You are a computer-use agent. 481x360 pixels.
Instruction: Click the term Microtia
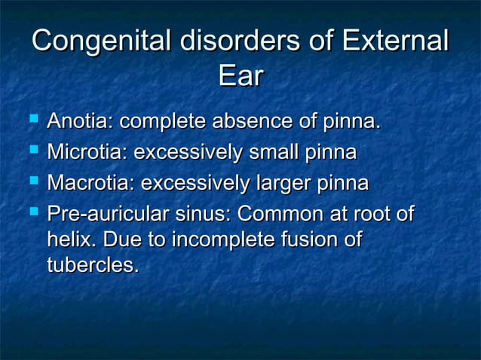[86, 153]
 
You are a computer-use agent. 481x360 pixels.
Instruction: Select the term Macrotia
[90, 184]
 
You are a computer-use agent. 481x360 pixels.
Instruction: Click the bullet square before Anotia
[32, 121]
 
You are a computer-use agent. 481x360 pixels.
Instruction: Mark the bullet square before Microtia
[32, 151]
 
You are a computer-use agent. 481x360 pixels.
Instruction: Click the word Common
[280, 215]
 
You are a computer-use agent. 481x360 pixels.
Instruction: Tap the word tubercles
[92, 266]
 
